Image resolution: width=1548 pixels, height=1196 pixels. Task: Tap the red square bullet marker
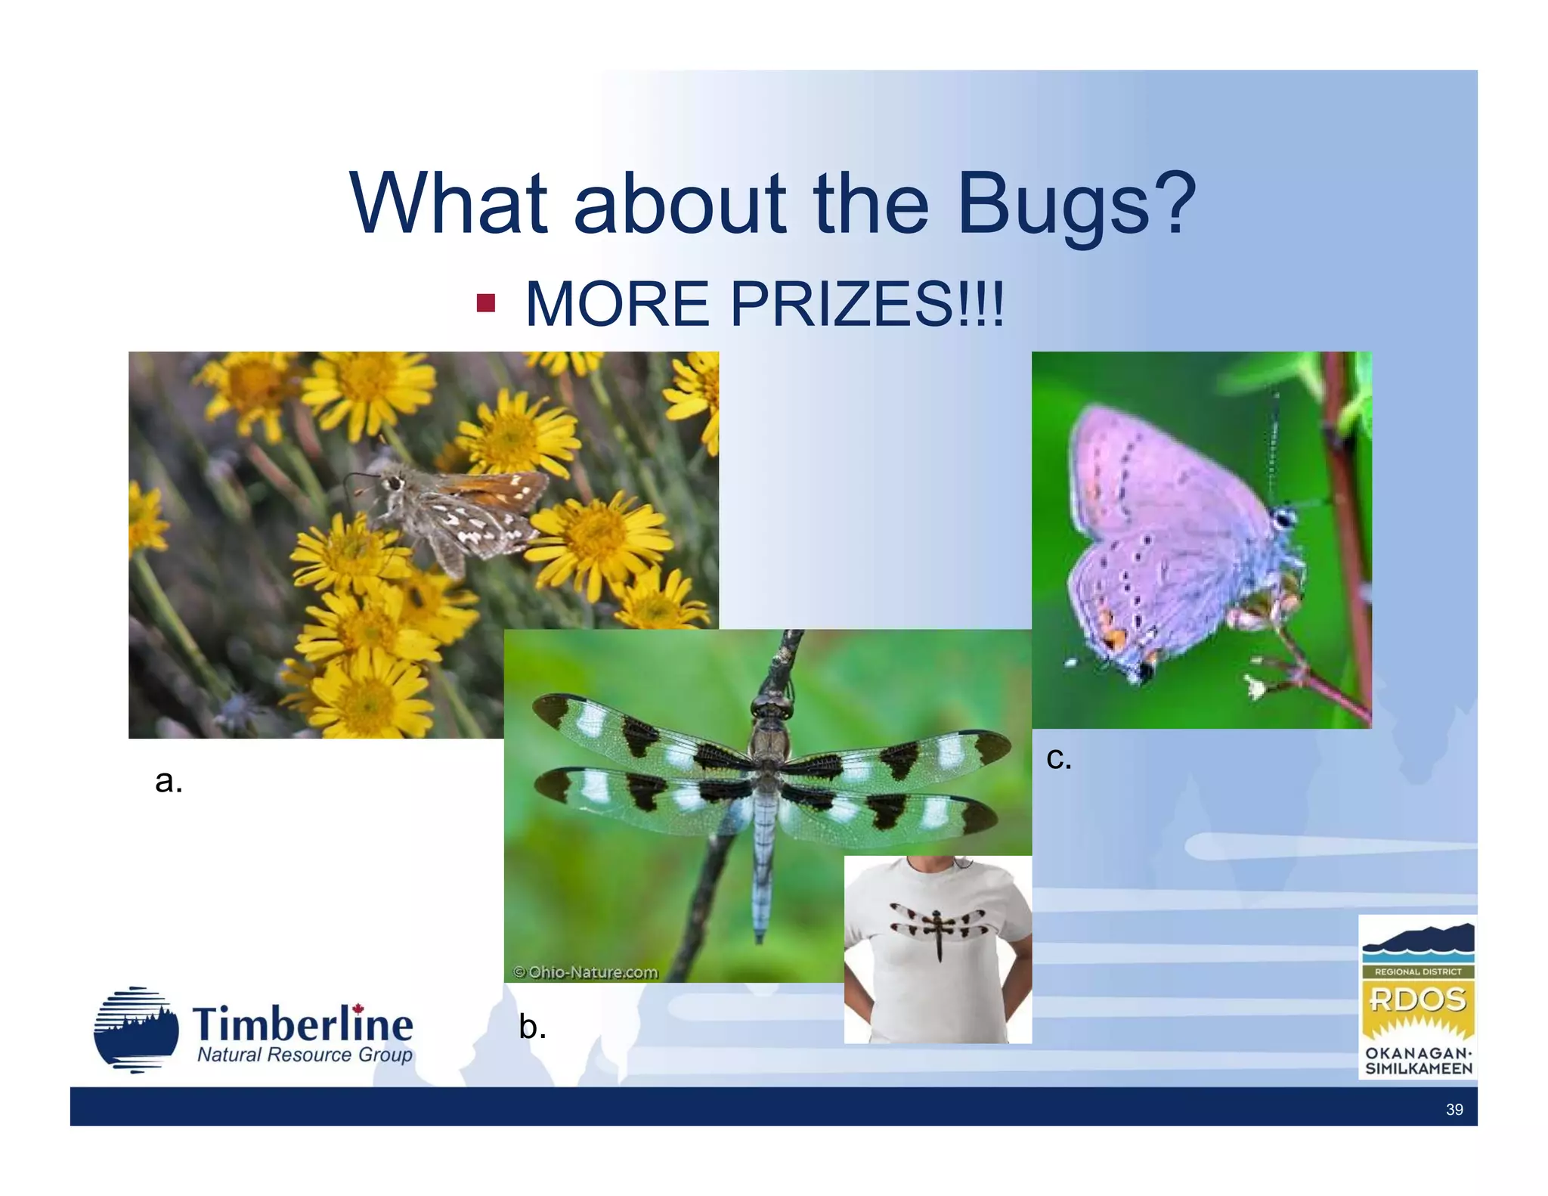pos(485,304)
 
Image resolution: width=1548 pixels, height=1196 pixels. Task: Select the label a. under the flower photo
pos(169,780)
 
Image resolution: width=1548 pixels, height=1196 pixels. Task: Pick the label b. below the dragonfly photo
pos(532,1027)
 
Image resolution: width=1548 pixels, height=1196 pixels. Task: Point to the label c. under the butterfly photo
pos(1058,758)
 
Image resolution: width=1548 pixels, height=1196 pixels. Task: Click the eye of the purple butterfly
pos(1283,519)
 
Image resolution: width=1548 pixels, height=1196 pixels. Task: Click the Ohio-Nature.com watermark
pos(586,972)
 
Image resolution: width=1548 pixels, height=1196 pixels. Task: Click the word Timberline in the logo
pos(302,1025)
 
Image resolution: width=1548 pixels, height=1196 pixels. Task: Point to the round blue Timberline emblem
pos(136,1030)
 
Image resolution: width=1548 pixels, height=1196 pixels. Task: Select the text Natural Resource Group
pos(305,1055)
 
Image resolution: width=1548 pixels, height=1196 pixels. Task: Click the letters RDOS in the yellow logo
pos(1417,1000)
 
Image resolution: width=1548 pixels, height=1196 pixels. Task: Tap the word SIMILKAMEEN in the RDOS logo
pos(1418,1069)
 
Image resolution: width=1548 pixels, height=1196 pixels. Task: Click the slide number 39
pos(1454,1110)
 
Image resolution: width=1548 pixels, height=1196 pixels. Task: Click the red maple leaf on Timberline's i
pos(358,1009)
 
